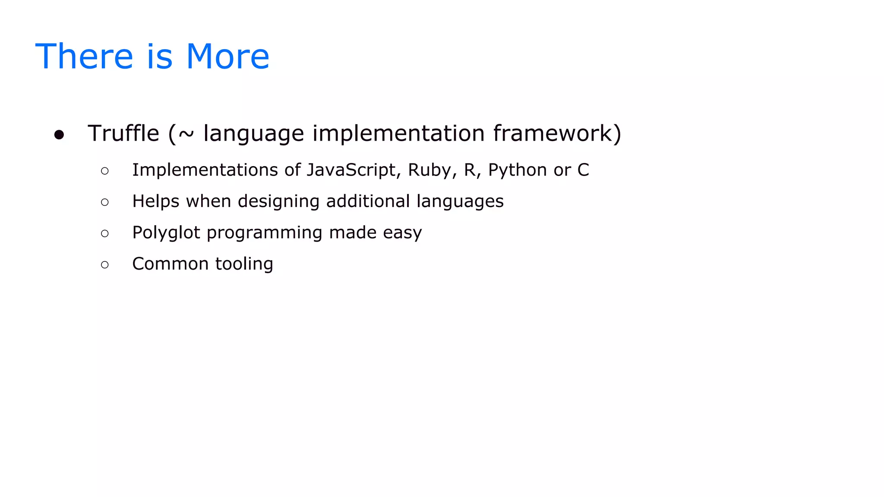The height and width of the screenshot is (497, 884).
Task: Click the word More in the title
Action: point(227,57)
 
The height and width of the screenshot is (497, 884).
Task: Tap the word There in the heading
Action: point(84,57)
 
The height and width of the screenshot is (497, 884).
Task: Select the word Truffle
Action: point(123,133)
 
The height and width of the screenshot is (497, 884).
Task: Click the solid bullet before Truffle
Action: point(59,135)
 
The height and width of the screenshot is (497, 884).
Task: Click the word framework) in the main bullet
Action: point(557,133)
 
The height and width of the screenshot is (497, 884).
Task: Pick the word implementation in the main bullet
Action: point(398,133)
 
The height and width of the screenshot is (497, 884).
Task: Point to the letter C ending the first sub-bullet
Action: point(583,170)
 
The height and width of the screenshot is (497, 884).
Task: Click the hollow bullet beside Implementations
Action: point(105,171)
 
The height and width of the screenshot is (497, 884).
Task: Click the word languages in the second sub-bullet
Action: point(460,201)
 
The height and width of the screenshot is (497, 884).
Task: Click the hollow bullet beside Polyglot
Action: point(105,234)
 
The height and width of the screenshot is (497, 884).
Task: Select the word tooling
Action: point(244,264)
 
